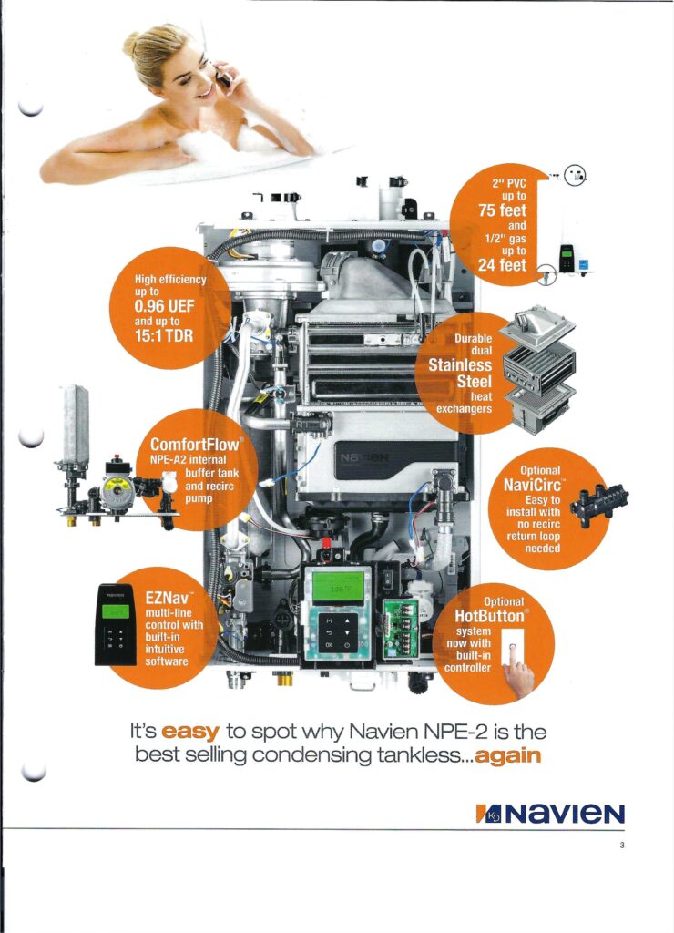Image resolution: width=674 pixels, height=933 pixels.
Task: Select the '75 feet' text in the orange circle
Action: point(502,210)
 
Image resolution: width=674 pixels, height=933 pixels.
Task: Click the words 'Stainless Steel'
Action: point(461,373)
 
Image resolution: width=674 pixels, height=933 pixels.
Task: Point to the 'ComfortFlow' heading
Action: point(196,444)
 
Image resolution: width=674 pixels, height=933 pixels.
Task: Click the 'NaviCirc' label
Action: point(533,485)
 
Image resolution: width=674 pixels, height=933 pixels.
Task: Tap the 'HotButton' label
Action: point(491,615)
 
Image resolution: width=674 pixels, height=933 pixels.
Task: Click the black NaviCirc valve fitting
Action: point(598,502)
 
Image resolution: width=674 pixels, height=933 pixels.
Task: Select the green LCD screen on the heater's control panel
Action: point(338,587)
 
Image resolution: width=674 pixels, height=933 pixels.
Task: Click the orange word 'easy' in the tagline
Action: point(190,731)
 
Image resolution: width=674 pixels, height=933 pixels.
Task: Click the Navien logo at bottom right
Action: point(550,814)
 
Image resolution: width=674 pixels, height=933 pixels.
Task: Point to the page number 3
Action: point(622,845)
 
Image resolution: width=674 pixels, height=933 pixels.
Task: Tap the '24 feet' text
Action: point(502,264)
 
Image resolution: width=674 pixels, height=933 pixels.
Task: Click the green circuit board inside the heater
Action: point(399,628)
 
